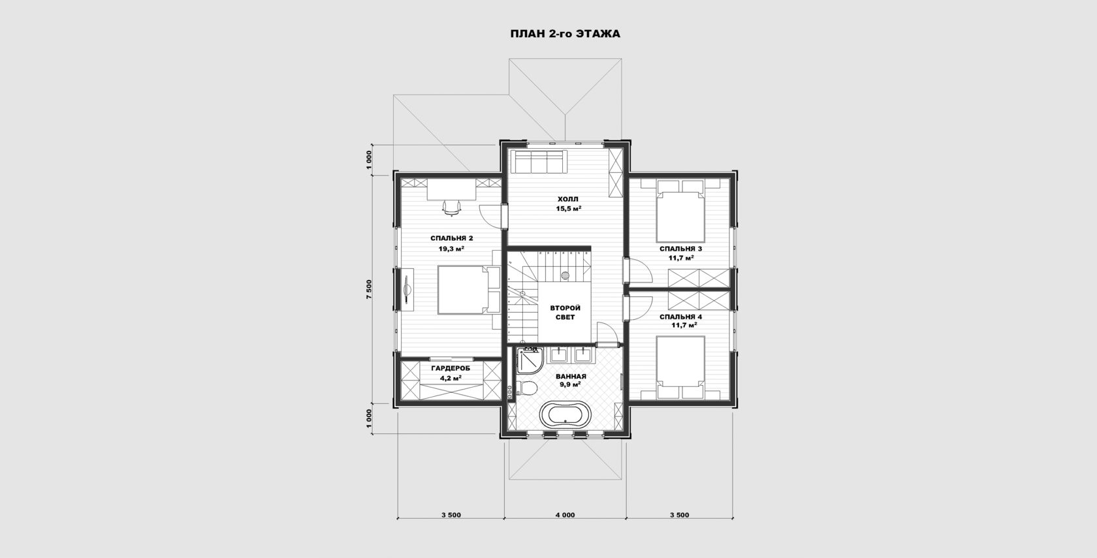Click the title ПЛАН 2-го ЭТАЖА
[565, 34]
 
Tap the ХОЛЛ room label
[567, 199]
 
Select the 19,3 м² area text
[451, 249]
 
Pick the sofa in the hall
[539, 162]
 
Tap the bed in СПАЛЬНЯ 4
[680, 367]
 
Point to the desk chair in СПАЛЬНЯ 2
[108, 208]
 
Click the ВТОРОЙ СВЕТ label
[565, 312]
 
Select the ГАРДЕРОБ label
[451, 368]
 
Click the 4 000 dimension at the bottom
[565, 514]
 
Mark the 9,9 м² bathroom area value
[570, 385]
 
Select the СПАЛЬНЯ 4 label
[680, 316]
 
